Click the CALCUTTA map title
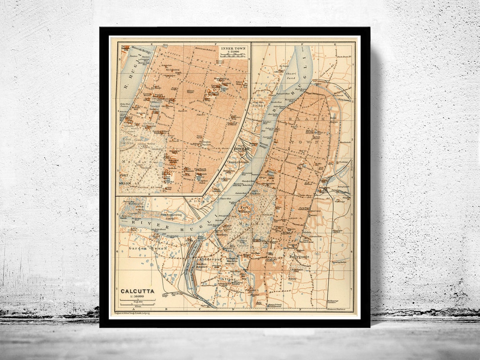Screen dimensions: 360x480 (137, 291)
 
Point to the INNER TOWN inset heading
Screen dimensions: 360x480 (233, 48)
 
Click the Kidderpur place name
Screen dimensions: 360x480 (208, 258)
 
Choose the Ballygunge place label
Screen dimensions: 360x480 (299, 256)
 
